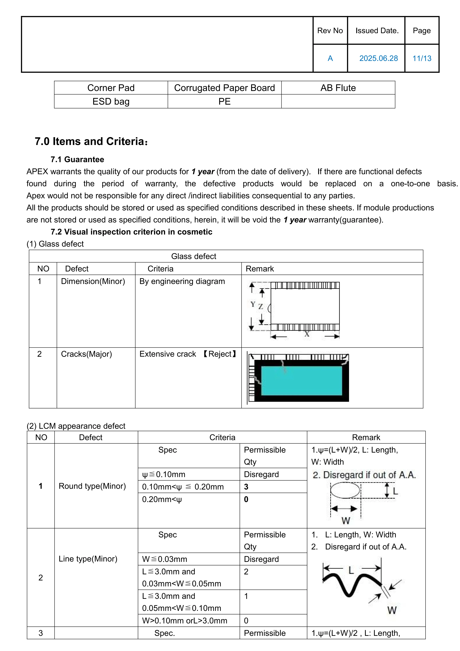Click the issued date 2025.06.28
pyautogui.click(x=378, y=58)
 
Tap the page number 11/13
pyautogui.click(x=422, y=58)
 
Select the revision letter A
pyautogui.click(x=330, y=58)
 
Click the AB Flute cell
pyautogui.click(x=338, y=88)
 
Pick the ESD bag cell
pyautogui.click(x=111, y=101)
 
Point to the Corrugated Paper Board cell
pyautogui.click(x=224, y=88)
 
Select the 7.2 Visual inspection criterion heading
pyautogui.click(x=131, y=232)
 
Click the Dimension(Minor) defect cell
pyautogui.click(x=93, y=281)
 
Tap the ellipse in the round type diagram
pyautogui.click(x=345, y=490)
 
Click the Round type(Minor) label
pyautogui.click(x=92, y=486)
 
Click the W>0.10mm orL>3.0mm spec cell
pyautogui.click(x=184, y=621)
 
